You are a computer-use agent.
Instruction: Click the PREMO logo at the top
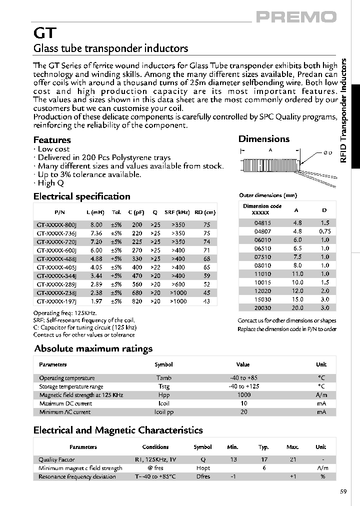[296, 17]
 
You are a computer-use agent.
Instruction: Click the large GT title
[44, 33]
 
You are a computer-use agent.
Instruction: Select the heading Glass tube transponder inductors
[110, 48]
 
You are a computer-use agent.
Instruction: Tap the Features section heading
[52, 140]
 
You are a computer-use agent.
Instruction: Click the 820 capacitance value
[137, 301]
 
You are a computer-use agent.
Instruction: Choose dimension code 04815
[262, 222]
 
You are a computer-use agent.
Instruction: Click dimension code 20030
[262, 308]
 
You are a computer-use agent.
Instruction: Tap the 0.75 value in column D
[324, 231]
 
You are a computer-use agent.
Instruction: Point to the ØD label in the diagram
[327, 152]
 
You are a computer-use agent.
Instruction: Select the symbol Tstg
[163, 386]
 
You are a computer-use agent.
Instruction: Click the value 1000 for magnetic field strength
[244, 395]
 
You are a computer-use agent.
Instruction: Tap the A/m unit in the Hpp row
[321, 395]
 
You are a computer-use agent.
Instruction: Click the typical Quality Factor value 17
[263, 459]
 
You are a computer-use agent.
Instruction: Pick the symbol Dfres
[203, 476]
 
